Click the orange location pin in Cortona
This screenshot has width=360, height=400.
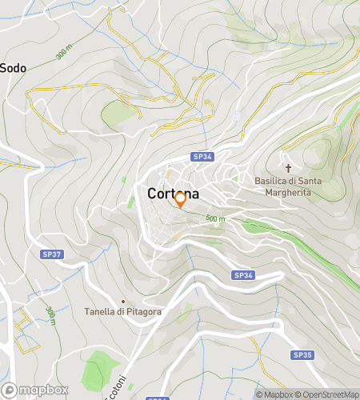click(x=180, y=200)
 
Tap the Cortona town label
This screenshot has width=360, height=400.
click(x=174, y=194)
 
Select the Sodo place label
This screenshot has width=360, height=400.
click(x=13, y=68)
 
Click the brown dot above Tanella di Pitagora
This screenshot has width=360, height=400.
click(x=122, y=300)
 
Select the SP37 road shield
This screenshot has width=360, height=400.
click(x=50, y=254)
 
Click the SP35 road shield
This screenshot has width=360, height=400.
click(x=302, y=354)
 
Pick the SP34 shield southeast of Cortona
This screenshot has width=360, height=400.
click(x=243, y=275)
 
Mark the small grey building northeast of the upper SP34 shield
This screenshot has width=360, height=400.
click(x=237, y=117)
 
